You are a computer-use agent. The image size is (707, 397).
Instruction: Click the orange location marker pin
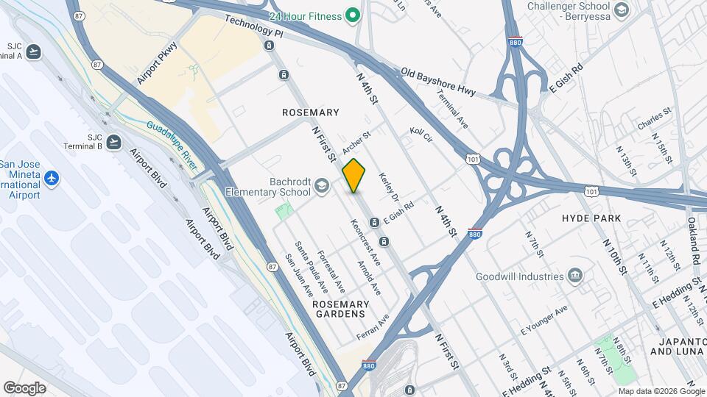(x=354, y=175)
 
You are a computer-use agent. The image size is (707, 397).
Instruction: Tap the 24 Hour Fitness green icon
(x=353, y=15)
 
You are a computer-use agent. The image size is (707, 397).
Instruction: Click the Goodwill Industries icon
(x=575, y=276)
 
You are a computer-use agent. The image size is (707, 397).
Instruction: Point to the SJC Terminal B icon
(x=113, y=142)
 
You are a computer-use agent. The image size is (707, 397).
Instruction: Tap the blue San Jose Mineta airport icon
(x=51, y=179)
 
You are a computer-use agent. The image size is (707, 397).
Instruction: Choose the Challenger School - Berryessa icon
(x=622, y=9)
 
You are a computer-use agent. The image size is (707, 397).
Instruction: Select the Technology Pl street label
(x=253, y=27)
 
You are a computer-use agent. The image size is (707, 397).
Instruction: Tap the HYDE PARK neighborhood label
(x=591, y=218)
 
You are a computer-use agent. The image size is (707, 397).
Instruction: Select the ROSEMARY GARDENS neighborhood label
(x=339, y=309)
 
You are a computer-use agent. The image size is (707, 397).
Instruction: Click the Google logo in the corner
(x=24, y=387)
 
